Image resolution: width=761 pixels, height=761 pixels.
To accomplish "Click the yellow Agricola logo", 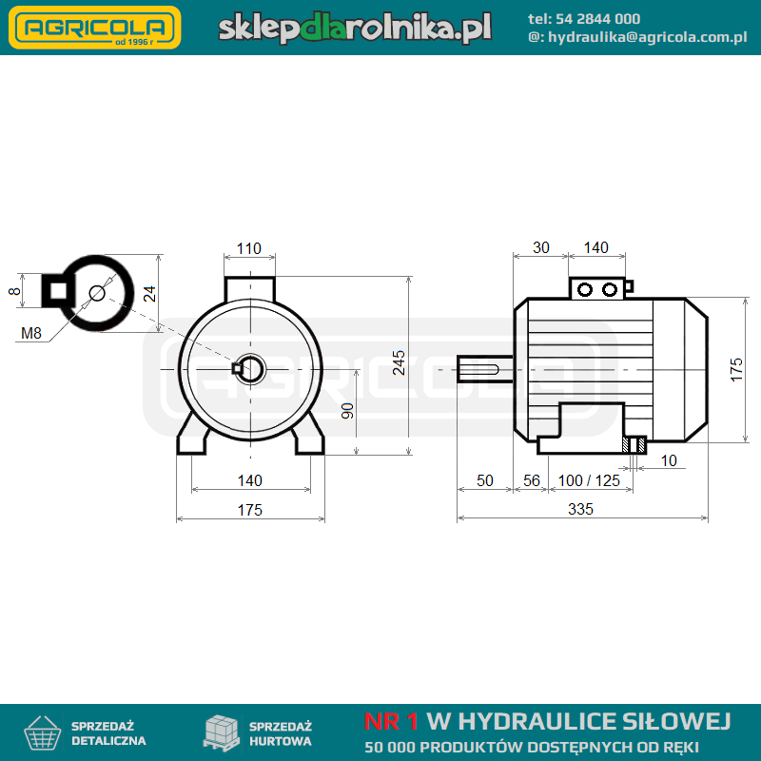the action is pyautogui.click(x=95, y=28).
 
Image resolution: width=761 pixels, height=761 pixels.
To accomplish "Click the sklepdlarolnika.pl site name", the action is pyautogui.click(x=355, y=28).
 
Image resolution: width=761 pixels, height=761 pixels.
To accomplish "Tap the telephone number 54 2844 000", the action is pyautogui.click(x=597, y=19).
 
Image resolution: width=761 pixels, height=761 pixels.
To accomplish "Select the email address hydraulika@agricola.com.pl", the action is pyautogui.click(x=648, y=37).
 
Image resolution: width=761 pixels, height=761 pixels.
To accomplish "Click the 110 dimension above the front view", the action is pyautogui.click(x=249, y=248).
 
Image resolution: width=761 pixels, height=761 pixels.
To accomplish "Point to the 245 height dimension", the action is pyautogui.click(x=399, y=362).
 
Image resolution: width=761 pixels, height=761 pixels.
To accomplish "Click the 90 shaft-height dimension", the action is pyautogui.click(x=347, y=411).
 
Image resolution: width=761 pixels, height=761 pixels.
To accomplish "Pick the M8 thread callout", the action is pyautogui.click(x=31, y=333).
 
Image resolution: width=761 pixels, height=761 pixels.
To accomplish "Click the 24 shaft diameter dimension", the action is pyautogui.click(x=149, y=294).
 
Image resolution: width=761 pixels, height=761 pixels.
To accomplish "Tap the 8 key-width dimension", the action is pyautogui.click(x=14, y=291).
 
